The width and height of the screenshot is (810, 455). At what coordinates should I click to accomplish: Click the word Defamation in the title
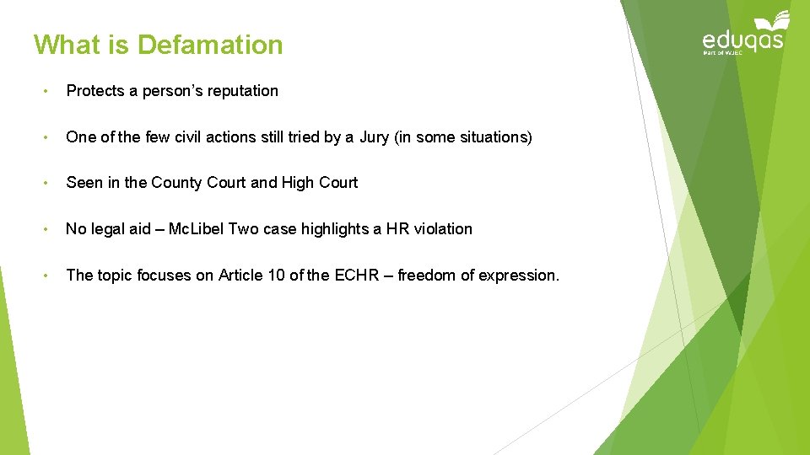[210, 45]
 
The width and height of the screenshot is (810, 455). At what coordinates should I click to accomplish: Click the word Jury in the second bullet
[374, 137]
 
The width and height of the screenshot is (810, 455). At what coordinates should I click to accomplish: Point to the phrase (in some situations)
[463, 137]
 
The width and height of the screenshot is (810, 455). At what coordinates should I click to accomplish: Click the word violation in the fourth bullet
[443, 229]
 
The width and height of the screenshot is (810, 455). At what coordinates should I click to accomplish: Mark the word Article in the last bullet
[242, 276]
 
